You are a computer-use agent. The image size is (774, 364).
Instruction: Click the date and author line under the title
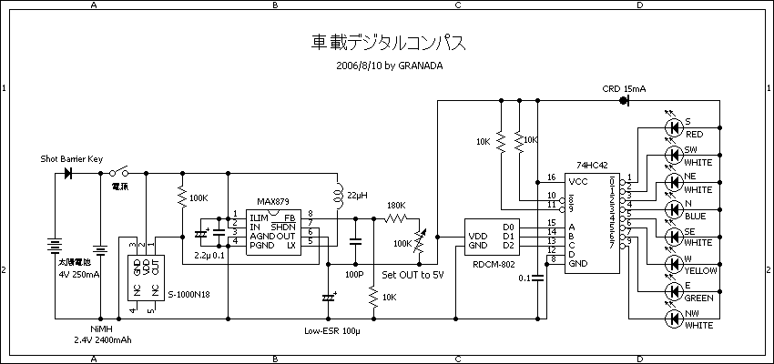tap(389, 66)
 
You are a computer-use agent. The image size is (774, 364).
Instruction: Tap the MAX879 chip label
tap(273, 201)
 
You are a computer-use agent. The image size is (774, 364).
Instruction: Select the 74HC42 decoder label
tap(592, 167)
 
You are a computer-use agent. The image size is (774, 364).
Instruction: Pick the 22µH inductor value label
tap(356, 197)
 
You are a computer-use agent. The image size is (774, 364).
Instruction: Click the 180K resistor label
tap(396, 206)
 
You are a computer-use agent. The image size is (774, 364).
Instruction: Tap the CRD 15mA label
tap(624, 88)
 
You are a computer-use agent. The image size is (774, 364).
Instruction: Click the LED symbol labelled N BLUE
tap(674, 208)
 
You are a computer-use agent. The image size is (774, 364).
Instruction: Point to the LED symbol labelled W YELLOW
tap(674, 264)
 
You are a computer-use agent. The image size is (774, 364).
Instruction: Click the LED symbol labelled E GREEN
tap(674, 291)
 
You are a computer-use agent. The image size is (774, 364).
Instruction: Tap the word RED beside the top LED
tap(694, 135)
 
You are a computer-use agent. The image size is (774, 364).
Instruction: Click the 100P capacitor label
tap(355, 273)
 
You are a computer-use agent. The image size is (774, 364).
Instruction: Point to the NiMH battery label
tap(100, 328)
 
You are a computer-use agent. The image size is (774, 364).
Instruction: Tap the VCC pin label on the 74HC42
tap(578, 182)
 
